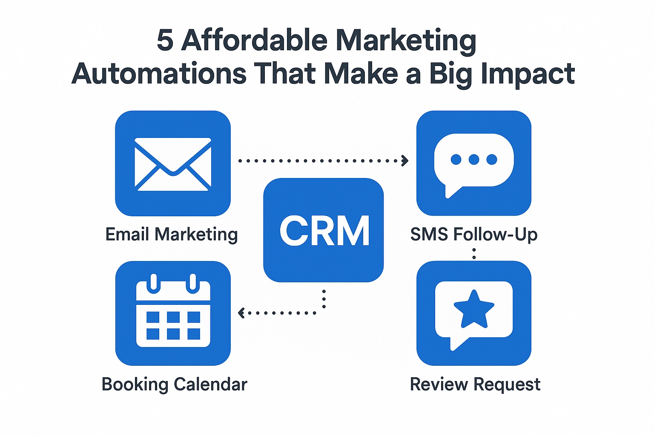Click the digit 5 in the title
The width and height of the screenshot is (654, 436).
click(165, 40)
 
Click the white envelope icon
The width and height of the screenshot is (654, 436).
click(173, 164)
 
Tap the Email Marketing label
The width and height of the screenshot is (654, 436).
click(172, 235)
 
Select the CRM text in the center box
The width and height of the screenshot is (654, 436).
click(324, 231)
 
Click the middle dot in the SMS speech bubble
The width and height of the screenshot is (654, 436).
click(473, 159)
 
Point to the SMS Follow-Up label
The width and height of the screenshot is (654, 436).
click(474, 234)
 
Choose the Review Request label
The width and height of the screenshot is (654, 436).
click(475, 384)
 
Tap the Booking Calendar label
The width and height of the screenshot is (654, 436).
click(174, 384)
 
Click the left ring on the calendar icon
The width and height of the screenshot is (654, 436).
click(154, 283)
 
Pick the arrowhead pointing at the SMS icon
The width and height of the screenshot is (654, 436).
click(404, 161)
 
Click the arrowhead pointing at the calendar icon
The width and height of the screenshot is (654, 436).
click(241, 313)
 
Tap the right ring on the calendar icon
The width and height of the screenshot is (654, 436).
click(193, 283)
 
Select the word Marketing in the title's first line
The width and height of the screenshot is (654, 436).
click(406, 41)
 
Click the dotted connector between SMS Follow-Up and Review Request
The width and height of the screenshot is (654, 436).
click(474, 253)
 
